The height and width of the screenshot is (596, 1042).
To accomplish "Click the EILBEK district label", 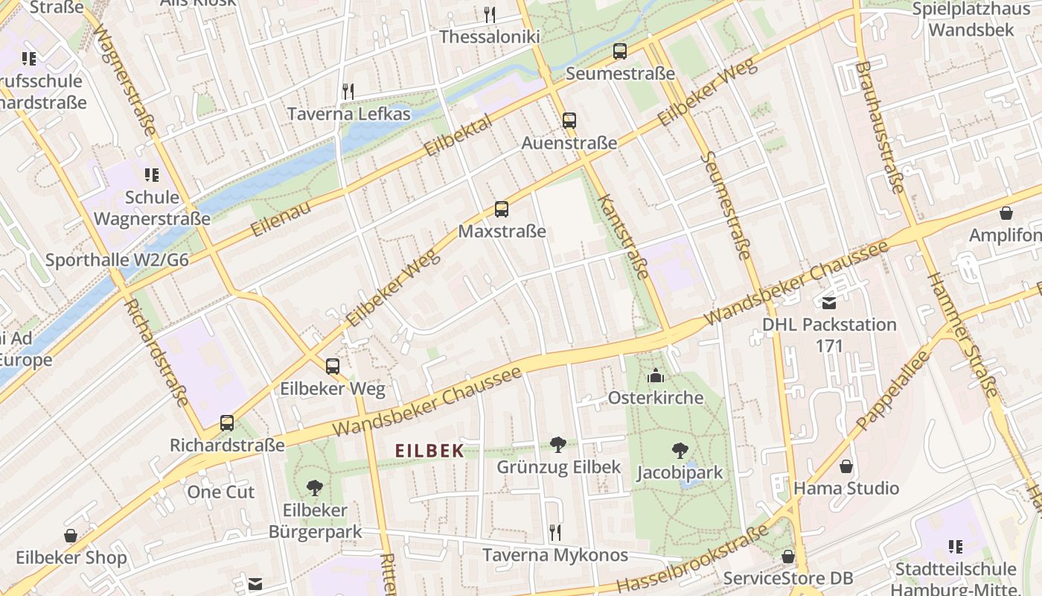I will [x=429, y=451].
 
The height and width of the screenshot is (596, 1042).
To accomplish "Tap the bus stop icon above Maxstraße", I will [x=502, y=209].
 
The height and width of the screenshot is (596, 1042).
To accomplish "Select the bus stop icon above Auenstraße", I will [x=569, y=121].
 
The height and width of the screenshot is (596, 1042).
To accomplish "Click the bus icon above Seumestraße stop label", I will [x=620, y=51].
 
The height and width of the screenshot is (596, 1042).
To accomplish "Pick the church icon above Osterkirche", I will [x=656, y=375].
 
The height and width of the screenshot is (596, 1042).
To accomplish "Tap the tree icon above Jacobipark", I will [x=680, y=450].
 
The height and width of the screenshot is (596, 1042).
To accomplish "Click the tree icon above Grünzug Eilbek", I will [x=558, y=445].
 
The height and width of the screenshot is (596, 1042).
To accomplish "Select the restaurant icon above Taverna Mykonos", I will [x=554, y=532].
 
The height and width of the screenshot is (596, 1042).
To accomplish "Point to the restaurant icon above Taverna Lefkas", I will [x=348, y=91].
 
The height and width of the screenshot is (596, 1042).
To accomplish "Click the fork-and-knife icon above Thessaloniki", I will [x=489, y=14].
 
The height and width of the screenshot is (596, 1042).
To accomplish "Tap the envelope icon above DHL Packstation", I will [x=829, y=302].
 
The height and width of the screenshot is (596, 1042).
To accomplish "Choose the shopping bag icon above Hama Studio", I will [x=846, y=466].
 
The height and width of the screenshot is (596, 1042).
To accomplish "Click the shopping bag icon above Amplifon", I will [x=1006, y=213].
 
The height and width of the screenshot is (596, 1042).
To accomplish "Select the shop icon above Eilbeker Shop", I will [x=71, y=535].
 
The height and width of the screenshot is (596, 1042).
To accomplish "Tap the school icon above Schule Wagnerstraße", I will [x=152, y=175].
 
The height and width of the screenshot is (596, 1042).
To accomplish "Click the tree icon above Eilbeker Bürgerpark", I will [x=315, y=488].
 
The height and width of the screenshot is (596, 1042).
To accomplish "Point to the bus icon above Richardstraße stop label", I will [x=227, y=423].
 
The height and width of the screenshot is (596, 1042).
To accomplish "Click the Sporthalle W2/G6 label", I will [x=117, y=260].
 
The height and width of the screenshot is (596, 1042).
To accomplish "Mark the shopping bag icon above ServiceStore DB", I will [x=788, y=556].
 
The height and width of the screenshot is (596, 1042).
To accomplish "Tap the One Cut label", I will [x=220, y=492].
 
